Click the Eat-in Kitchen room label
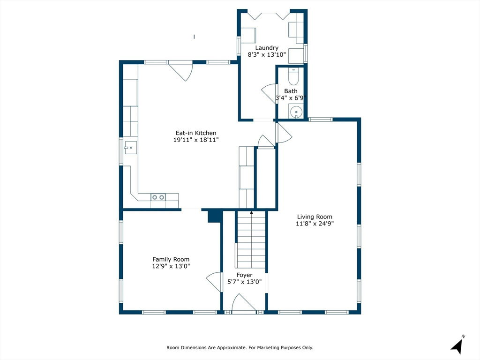(x=196, y=133)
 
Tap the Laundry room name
(x=267, y=48)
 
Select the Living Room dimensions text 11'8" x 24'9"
(x=315, y=224)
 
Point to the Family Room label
(x=171, y=259)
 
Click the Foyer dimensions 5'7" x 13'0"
(x=244, y=282)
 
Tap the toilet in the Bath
(x=293, y=76)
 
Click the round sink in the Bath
(x=296, y=112)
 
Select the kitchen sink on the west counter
(x=130, y=148)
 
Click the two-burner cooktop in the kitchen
(x=158, y=197)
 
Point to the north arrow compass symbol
(x=457, y=345)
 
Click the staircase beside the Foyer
(x=251, y=241)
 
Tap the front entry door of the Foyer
(x=244, y=303)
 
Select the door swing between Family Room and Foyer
(x=214, y=282)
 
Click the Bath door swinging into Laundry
(x=269, y=94)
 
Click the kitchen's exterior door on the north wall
(x=180, y=71)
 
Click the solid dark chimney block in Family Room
(x=215, y=216)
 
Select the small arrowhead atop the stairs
(x=251, y=212)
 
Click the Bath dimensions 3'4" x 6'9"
(x=291, y=98)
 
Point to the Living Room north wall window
(x=321, y=120)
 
